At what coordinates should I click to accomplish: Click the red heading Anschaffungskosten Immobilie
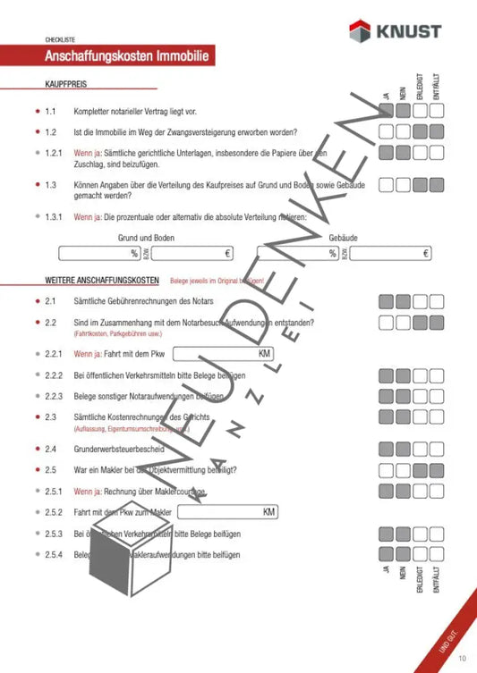point(130,56)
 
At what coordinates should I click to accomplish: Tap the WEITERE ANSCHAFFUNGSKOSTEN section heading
point(102,281)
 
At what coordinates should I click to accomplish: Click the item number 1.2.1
point(55,153)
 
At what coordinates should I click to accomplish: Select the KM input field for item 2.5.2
point(228,512)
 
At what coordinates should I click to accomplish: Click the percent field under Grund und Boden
point(99,254)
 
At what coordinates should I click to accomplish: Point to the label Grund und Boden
point(146,238)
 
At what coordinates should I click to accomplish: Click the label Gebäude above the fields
point(343,238)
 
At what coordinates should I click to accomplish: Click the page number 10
point(462,660)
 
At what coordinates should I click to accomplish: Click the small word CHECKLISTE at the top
point(62,40)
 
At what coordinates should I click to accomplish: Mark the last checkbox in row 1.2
point(437,132)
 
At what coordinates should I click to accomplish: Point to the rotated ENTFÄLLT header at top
point(436,87)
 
